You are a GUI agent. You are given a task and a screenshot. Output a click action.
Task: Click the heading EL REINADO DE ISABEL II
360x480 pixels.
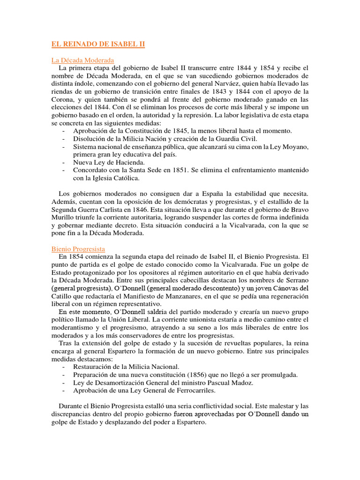(x=98, y=45)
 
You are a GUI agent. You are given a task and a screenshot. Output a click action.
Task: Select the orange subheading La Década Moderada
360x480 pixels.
(x=82, y=60)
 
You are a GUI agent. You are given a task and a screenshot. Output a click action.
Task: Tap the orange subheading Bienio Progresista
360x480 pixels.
(x=78, y=249)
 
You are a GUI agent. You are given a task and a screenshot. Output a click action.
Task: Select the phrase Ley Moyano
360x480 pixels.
(x=289, y=147)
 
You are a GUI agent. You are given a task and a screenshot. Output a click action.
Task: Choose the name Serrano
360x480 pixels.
(x=295, y=280)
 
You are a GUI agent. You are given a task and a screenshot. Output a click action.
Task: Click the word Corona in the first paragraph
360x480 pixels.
(x=64, y=99)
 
